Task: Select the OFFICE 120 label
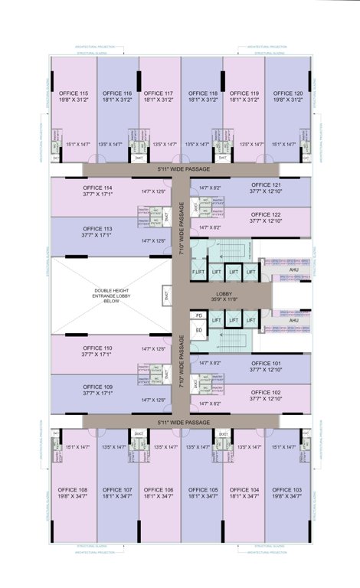pyautogui.click(x=287, y=93)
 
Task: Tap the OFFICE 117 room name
pyautogui.click(x=159, y=93)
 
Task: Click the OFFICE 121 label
pyautogui.click(x=266, y=185)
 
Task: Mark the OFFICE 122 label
pyautogui.click(x=266, y=214)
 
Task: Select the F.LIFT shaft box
pyautogui.click(x=198, y=272)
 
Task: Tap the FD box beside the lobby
pyautogui.click(x=199, y=315)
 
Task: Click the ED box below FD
pyautogui.click(x=199, y=330)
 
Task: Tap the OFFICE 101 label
pyautogui.click(x=266, y=364)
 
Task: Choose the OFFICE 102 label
pyautogui.click(x=266, y=392)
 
